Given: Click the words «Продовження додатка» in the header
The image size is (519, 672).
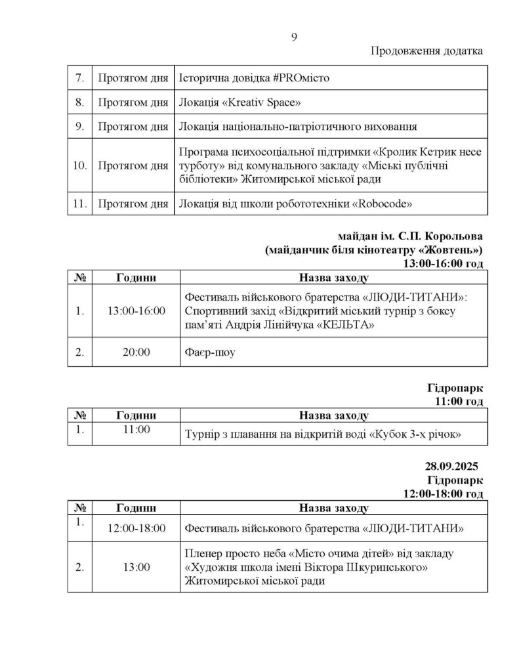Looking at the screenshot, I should (426, 52).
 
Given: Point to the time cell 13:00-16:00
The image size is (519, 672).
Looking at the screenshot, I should (136, 310).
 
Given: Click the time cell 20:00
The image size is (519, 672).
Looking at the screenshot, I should (136, 352).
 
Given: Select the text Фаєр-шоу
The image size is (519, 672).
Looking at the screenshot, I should (209, 353).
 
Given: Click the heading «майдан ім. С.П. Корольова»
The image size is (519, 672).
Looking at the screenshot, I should (411, 237).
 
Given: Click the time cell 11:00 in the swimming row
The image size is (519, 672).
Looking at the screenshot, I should (136, 430).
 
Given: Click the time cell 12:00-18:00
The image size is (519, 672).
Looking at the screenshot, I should (136, 528).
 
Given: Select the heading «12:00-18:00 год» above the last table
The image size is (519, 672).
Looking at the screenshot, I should (444, 493).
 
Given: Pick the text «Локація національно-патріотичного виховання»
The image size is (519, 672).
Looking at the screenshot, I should (299, 127).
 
